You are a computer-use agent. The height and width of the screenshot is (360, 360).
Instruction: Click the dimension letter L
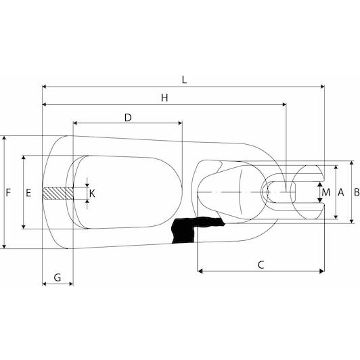(184, 80)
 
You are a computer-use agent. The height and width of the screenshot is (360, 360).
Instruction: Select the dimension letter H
(164, 98)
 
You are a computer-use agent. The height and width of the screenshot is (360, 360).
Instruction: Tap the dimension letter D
(128, 118)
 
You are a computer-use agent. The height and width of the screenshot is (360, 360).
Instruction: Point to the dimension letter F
(8, 192)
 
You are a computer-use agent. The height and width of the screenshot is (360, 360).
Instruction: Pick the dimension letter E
(28, 193)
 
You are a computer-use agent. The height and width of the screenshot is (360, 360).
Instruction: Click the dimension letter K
(92, 194)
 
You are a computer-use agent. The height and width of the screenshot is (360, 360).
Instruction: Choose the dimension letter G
(58, 277)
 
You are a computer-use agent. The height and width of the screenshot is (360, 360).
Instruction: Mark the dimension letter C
(261, 265)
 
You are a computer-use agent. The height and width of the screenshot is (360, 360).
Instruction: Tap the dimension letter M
(326, 192)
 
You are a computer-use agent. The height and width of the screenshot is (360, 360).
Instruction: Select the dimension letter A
(341, 192)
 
